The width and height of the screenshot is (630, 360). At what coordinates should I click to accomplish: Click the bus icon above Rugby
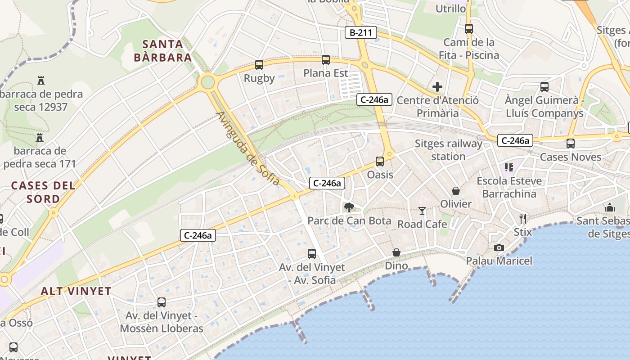tap(259, 65)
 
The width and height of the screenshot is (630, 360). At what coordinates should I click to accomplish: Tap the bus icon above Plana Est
tap(325, 59)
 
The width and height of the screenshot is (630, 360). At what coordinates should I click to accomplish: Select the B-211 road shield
tap(361, 32)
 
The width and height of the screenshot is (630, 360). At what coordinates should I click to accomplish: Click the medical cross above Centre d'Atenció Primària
tap(437, 87)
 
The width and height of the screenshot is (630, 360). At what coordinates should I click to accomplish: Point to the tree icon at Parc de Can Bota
tap(349, 207)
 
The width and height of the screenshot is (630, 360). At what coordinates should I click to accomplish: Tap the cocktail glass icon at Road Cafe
tap(422, 211)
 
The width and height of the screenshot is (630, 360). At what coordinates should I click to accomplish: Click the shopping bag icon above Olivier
tap(456, 191)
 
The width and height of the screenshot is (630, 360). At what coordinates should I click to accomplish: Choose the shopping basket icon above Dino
tap(396, 252)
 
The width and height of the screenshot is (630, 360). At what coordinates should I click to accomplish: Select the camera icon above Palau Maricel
tap(499, 247)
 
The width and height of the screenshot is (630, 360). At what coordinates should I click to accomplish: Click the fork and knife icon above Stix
tap(522, 219)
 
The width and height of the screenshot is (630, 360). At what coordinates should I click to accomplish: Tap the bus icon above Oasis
tap(380, 161)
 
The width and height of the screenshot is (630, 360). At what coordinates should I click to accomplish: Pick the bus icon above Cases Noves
tap(570, 144)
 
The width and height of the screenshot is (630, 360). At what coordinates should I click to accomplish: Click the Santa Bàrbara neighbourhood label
tap(163, 51)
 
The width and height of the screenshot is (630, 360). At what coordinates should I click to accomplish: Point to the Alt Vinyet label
tap(76, 291)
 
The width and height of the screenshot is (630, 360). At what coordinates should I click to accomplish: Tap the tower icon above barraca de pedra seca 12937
tap(41, 81)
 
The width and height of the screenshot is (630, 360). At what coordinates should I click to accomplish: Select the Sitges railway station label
tap(448, 150)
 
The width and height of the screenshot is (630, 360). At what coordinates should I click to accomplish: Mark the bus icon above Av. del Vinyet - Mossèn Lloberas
tap(161, 302)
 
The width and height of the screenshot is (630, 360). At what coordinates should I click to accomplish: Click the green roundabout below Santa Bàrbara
tap(207, 82)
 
